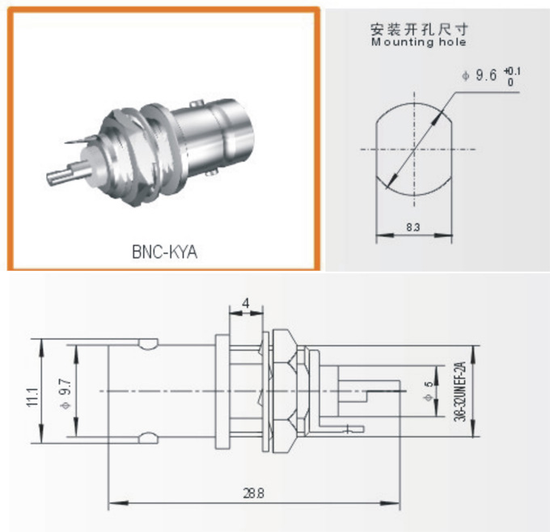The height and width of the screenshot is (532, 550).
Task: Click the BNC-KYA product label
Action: coord(164,251)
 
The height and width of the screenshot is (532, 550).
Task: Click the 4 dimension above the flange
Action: coord(247,305)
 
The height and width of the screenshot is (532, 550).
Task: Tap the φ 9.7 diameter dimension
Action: coord(64,392)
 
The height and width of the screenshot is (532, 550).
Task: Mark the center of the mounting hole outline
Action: coord(413,150)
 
